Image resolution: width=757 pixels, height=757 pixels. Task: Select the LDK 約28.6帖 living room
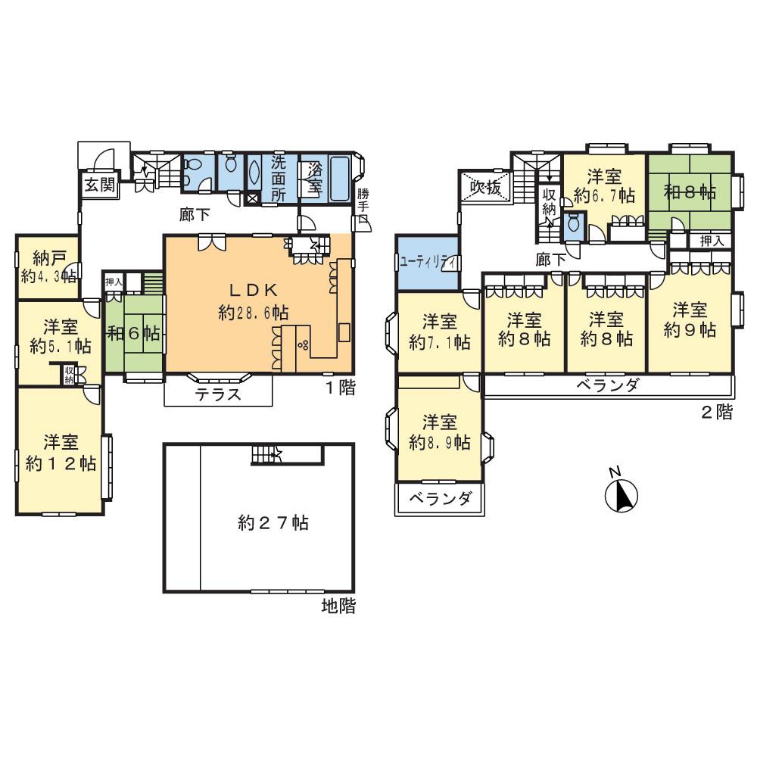pos(250,303)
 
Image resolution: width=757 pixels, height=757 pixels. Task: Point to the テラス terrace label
pos(218,394)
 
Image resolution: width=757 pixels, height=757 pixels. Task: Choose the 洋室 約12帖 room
pos(61,452)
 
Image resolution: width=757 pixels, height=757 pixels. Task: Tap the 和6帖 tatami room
pos(133,334)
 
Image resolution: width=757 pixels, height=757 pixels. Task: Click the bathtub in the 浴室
pos(341,177)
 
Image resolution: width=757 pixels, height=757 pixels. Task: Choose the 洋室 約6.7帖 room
pos(603,186)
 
